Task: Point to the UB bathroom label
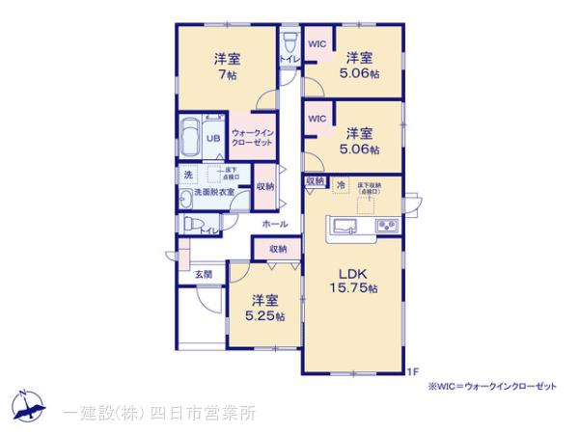coord(212,139)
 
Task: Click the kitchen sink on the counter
coord(345,228)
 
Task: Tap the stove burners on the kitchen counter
coord(388,228)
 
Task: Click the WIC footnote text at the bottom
coord(492,386)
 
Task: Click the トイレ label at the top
coord(288,60)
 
